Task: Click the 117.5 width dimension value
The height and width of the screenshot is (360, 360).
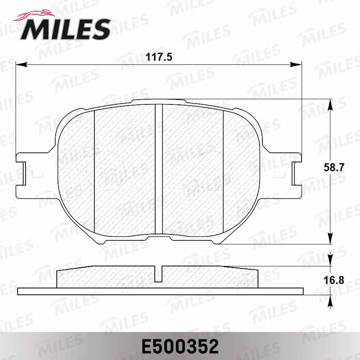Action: [x=158, y=57]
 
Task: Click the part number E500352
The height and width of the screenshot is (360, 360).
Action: [x=180, y=346]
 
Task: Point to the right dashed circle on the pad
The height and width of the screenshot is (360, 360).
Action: [x=212, y=170]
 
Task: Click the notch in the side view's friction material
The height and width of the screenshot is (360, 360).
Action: [x=158, y=274]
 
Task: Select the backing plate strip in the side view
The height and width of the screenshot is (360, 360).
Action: [x=160, y=291]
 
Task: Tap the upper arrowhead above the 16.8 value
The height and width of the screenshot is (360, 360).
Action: [x=330, y=261]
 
